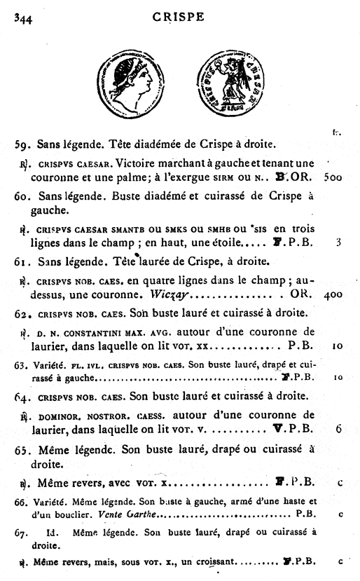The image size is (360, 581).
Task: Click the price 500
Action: coord(333,177)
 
